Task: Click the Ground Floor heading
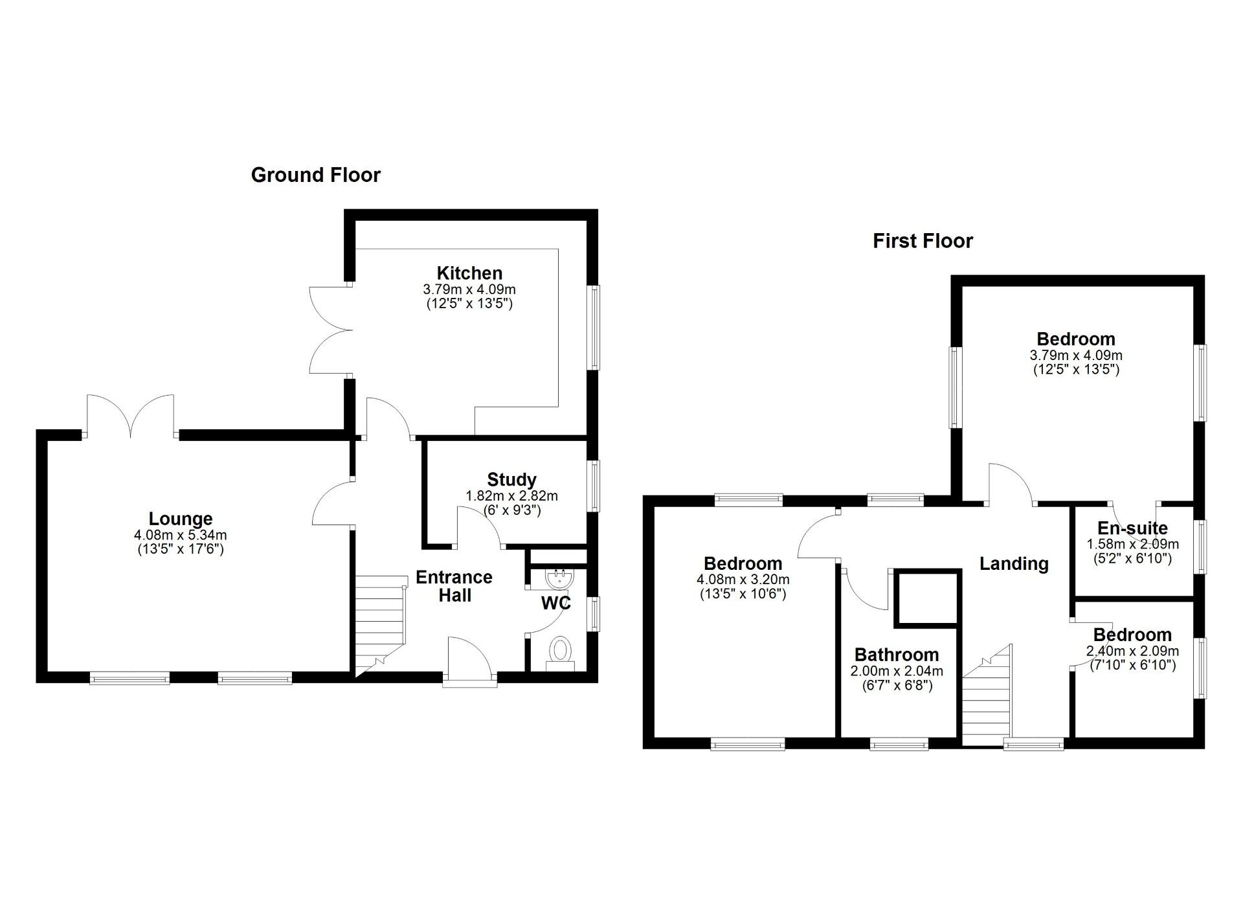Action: pos(315,175)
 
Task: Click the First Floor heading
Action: pos(923,241)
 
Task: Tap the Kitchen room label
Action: pos(469,273)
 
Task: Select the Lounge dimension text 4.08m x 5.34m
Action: pos(180,536)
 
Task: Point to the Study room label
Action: pos(511,480)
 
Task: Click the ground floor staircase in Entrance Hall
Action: pos(380,625)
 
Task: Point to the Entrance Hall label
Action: pos(454,586)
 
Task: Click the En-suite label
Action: pos(1132,528)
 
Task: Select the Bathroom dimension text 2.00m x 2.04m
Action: pos(896,672)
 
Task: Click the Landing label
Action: pos(1013,563)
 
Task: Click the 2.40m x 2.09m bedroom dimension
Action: pos(1132,651)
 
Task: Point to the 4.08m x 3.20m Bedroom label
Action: pos(743,563)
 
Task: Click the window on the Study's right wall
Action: pos(593,485)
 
